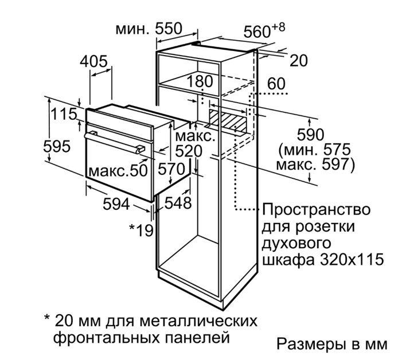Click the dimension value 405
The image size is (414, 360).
click(x=93, y=61)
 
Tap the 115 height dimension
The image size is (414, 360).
click(x=64, y=114)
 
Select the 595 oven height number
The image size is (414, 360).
click(x=57, y=146)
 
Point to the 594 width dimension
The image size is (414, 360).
click(x=116, y=204)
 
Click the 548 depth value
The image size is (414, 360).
click(x=178, y=203)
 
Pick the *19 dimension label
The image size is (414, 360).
click(x=141, y=230)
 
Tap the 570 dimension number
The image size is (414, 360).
click(x=171, y=169)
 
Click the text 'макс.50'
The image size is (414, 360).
click(x=118, y=170)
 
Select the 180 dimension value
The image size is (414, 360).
click(x=200, y=81)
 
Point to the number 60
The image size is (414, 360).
click(x=276, y=83)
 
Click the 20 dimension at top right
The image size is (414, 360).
click(x=299, y=60)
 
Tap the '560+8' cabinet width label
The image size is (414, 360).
click(x=264, y=30)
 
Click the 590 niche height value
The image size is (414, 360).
click(x=310, y=135)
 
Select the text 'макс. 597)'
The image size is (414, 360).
click(x=315, y=165)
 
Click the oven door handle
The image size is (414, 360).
click(x=114, y=142)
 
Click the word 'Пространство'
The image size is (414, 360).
click(x=317, y=210)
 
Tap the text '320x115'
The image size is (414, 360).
click(x=351, y=260)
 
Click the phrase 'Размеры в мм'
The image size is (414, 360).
click(x=332, y=344)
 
